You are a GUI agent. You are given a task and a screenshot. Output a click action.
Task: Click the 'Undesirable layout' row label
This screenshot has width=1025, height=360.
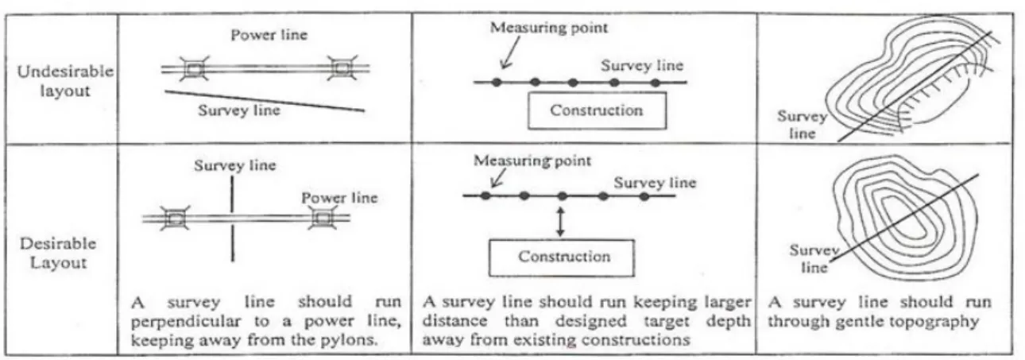point(65,80)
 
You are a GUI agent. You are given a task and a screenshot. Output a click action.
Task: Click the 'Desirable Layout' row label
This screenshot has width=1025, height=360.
point(58,253)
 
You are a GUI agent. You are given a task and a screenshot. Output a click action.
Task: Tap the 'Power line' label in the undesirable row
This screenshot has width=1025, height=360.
point(269,35)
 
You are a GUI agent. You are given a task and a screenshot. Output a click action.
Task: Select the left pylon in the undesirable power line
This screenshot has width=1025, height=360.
point(194,68)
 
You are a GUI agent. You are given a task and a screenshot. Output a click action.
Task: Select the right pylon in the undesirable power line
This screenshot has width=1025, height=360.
point(342,68)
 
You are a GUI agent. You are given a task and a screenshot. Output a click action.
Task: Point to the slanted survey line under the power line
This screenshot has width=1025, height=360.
point(265,101)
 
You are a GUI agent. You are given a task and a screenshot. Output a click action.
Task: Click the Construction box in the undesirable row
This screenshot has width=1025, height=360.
point(597,110)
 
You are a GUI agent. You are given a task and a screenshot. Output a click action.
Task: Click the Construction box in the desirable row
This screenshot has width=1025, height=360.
point(562,258)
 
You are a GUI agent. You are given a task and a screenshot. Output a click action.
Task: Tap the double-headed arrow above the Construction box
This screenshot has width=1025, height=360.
point(560,222)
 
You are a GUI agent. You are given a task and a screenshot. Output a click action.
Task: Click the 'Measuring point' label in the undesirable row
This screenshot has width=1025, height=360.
point(548,28)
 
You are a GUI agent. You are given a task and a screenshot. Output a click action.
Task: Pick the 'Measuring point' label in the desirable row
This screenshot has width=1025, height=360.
point(532,161)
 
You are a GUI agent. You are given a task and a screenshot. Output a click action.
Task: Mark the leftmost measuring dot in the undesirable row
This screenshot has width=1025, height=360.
point(497,83)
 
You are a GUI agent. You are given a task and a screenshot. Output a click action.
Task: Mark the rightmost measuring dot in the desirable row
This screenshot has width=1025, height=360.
point(644,196)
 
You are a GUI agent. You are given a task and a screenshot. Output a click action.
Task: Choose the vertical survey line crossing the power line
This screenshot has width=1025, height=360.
point(233,219)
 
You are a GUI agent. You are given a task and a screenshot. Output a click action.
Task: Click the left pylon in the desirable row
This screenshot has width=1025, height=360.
point(174,219)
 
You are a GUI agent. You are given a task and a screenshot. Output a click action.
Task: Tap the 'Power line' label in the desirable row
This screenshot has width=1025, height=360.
point(339,198)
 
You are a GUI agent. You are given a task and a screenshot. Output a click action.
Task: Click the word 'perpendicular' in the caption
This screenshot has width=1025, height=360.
point(186,322)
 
